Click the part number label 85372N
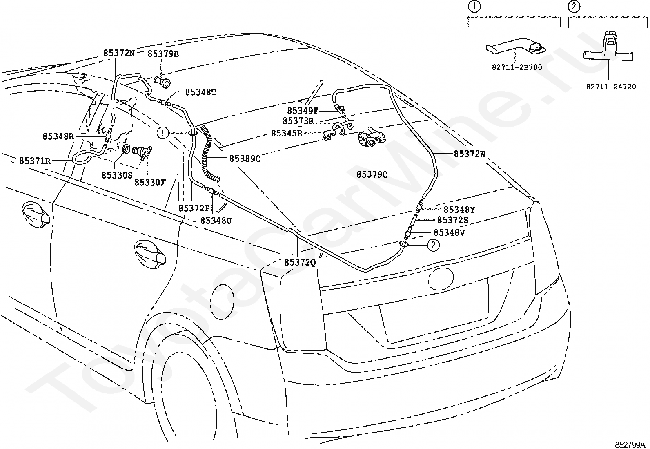click(119, 54)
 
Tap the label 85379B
click(163, 54)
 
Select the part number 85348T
click(201, 92)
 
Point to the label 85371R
click(35, 161)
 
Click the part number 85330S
click(117, 175)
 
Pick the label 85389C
click(245, 159)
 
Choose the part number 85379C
click(372, 174)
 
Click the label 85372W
click(470, 154)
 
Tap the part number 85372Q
click(300, 263)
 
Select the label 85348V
click(449, 232)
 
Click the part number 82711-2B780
click(517, 67)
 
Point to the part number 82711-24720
click(611, 87)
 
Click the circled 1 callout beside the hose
click(162, 133)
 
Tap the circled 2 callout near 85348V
click(434, 245)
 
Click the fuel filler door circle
click(222, 302)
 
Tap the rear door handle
click(150, 252)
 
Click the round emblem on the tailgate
click(441, 278)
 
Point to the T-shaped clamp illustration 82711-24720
click(608, 51)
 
